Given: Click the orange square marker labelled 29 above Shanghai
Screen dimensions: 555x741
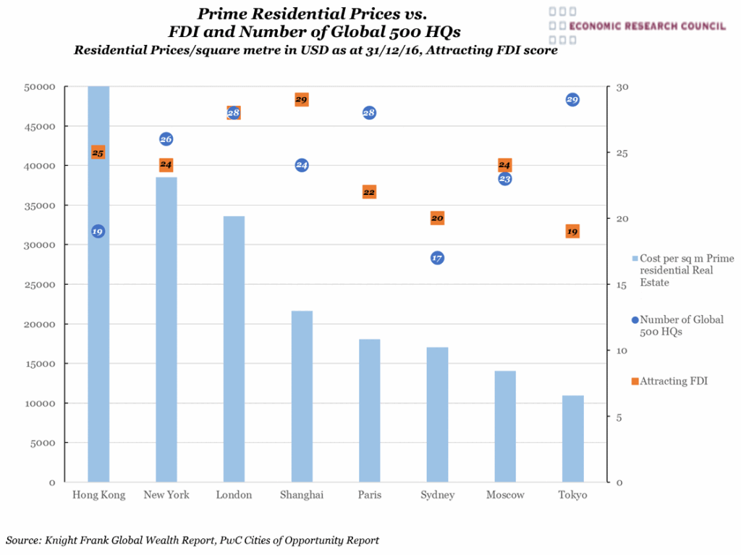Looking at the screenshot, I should pos(302,99).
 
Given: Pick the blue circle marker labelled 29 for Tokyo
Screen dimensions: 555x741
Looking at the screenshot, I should pos(572,99).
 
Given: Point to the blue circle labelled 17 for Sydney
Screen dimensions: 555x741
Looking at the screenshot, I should pos(437,258).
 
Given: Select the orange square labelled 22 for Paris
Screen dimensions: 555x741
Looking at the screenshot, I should pos(369,192).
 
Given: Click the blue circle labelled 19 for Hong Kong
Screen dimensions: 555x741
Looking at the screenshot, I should pos(98,231).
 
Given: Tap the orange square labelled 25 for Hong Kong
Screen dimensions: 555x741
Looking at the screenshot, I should pos(98,152).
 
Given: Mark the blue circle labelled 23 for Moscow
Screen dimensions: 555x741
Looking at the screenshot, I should pos(505,179).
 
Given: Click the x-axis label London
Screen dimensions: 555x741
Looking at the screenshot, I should pos(234,495).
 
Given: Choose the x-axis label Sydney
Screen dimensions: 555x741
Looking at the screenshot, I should pos(437,495).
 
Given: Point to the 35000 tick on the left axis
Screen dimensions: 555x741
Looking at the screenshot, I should pos(41,205).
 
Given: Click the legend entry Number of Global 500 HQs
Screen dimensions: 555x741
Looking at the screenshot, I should pos(681,325).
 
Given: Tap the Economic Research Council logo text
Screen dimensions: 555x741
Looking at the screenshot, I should pos(647,26).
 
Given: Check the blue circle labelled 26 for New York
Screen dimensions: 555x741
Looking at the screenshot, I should pos(166,139).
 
